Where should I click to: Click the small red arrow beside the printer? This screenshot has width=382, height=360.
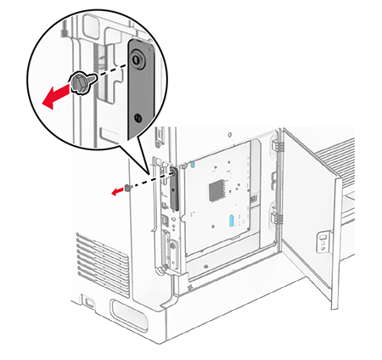click(116, 190)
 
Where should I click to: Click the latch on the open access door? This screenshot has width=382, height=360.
click(323, 243)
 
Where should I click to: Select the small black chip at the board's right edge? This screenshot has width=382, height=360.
click(254, 198)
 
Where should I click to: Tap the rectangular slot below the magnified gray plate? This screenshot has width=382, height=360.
click(159, 133)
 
